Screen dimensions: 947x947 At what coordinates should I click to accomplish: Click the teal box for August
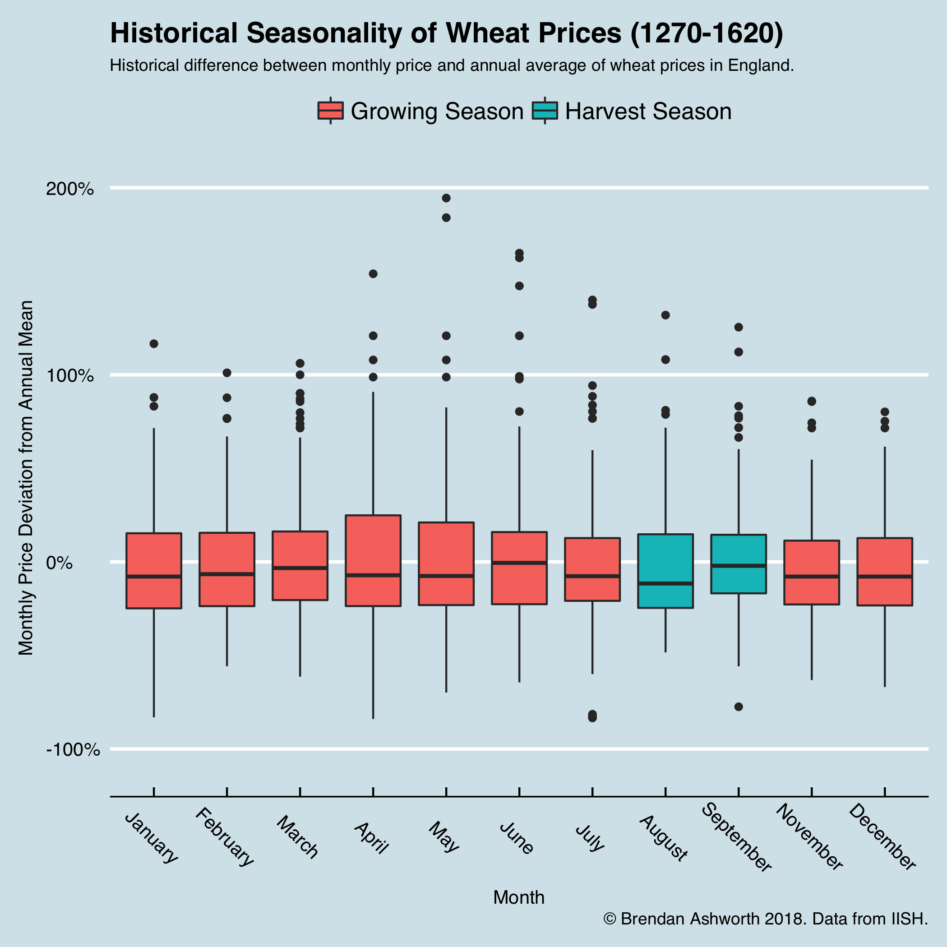[x=665, y=571]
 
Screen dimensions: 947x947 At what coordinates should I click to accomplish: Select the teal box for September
[x=738, y=564]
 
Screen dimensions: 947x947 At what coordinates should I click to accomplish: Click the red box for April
[x=373, y=560]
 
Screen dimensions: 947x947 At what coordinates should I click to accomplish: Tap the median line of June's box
[x=519, y=563]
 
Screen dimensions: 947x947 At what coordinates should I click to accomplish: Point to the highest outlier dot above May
[x=446, y=198]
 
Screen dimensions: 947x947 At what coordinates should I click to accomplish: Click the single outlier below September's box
[x=738, y=707]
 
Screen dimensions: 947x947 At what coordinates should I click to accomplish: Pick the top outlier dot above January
[x=154, y=344]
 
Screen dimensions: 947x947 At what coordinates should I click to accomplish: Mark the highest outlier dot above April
[x=373, y=273]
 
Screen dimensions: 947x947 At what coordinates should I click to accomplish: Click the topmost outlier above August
[x=665, y=315]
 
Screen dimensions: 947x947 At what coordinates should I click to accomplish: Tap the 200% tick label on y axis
[x=70, y=189]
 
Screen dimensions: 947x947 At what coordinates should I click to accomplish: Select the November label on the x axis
[x=809, y=837]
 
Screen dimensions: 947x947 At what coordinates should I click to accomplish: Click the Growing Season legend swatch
[x=330, y=111]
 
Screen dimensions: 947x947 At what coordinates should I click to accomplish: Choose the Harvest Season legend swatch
[x=545, y=111]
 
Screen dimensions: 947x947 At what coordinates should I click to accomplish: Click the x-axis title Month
[x=518, y=897]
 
